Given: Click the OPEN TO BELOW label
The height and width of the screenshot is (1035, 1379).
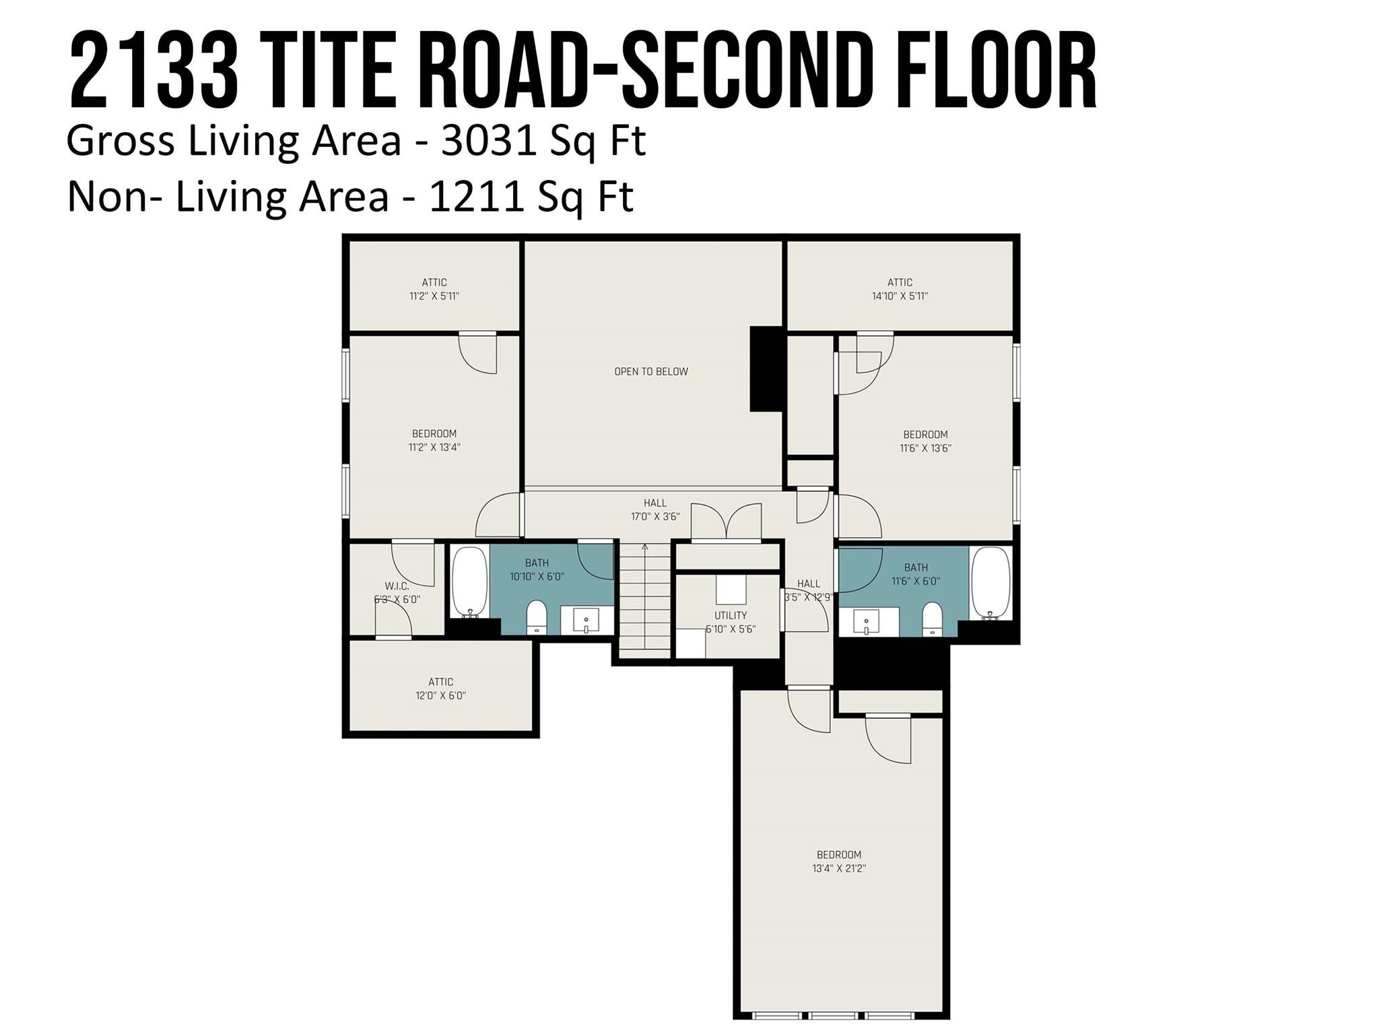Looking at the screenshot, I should tap(650, 371).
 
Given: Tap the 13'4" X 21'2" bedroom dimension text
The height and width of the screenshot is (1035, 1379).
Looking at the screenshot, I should tap(838, 869).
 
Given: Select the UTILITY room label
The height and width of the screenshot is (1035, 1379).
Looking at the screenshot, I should tap(731, 615).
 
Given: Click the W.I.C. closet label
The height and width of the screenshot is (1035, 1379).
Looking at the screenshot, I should tap(397, 586).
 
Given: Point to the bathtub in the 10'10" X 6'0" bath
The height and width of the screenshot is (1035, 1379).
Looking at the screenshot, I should tap(469, 582).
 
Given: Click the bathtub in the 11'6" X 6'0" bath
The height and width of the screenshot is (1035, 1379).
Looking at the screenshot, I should tap(990, 582).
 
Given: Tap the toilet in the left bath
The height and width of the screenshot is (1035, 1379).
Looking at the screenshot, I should tap(537, 617).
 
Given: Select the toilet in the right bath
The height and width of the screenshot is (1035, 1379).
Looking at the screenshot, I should tap(932, 618).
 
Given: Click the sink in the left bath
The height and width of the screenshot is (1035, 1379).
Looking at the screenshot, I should tap(586, 620).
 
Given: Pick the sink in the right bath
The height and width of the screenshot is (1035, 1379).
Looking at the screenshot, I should tap(867, 621).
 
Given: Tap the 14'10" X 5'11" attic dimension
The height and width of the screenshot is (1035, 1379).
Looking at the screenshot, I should tap(900, 296).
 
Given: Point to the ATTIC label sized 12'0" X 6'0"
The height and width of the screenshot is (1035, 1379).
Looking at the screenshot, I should tap(440, 682).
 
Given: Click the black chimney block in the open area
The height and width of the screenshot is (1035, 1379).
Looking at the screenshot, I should tap(766, 369).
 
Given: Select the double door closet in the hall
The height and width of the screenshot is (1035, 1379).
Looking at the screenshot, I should tap(726, 523).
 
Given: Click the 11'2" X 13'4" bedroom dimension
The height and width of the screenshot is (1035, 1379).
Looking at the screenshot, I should tap(434, 447).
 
